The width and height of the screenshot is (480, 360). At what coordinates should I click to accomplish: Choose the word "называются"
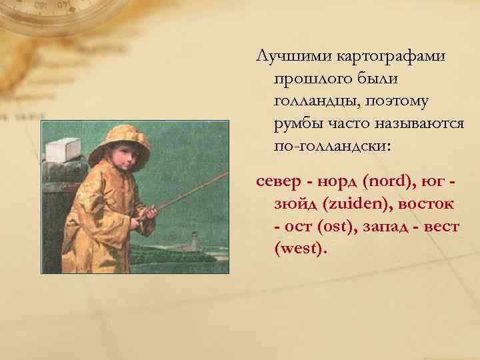[414, 124]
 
